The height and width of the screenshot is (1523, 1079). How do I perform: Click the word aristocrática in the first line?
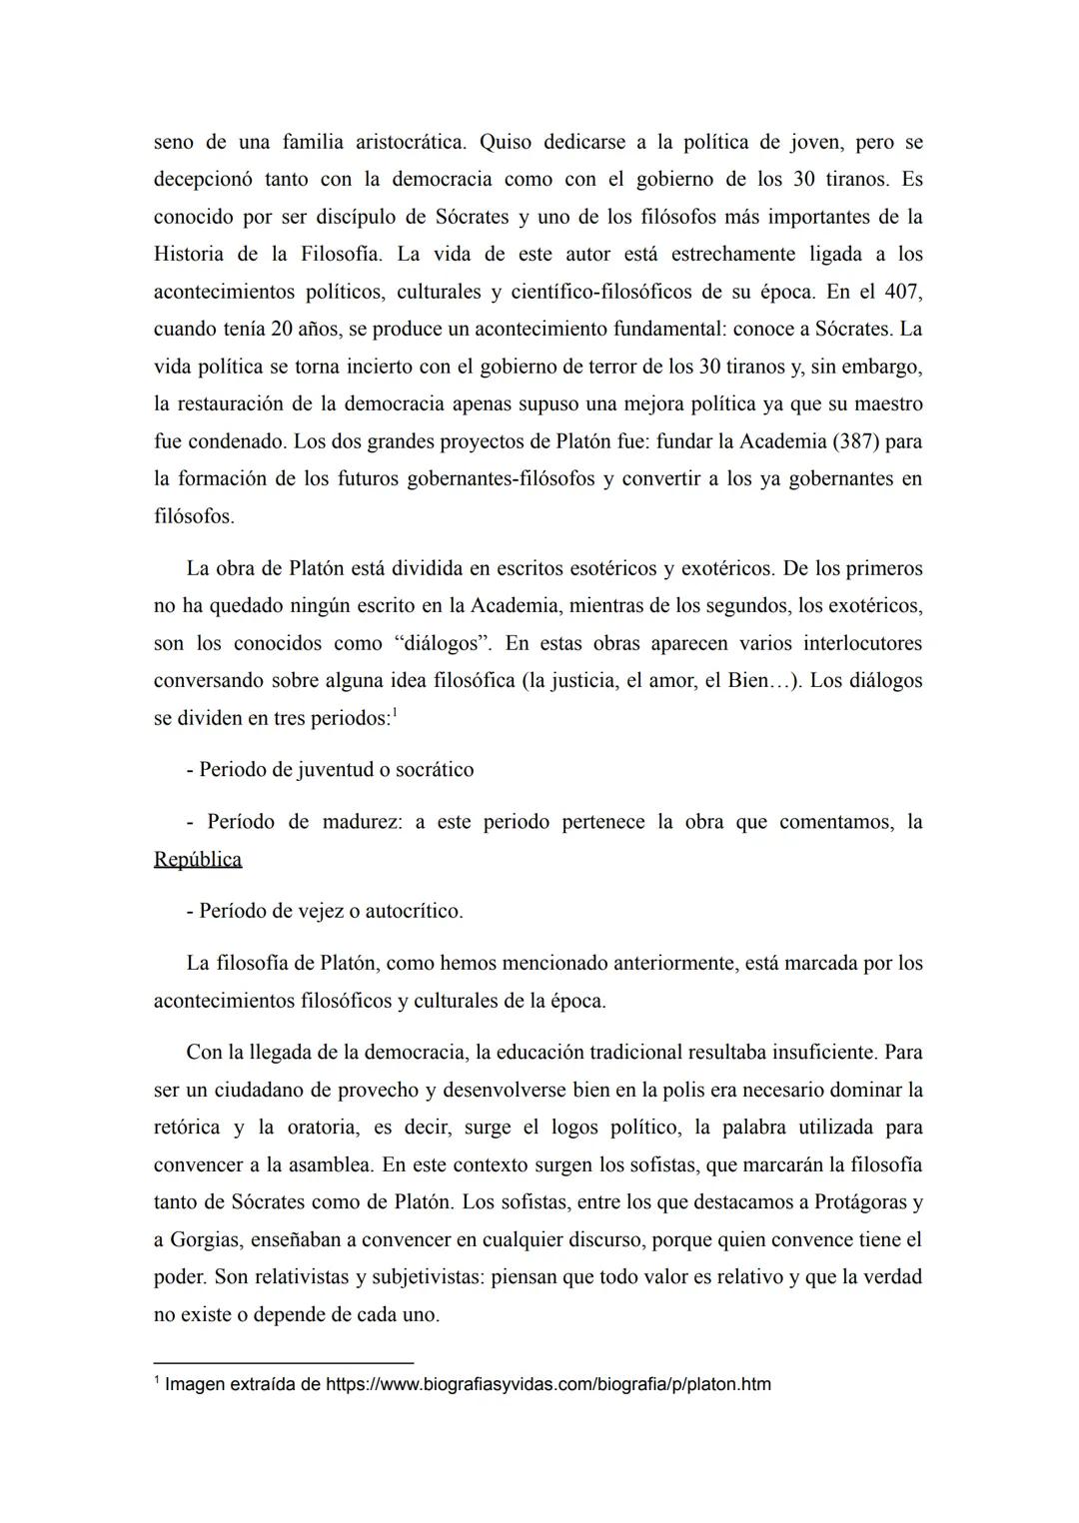pyautogui.click(x=410, y=142)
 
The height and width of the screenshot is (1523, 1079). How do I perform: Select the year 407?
pyautogui.click(x=904, y=292)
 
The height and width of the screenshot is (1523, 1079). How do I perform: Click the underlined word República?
pyautogui.click(x=198, y=860)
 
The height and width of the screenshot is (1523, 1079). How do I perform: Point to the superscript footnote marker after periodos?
pyautogui.click(x=396, y=713)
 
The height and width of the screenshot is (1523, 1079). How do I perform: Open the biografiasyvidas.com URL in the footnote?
pyautogui.click(x=548, y=1385)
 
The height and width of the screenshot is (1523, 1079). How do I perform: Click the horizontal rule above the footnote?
pyautogui.click(x=283, y=1362)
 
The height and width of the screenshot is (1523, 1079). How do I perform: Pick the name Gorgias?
pyautogui.click(x=205, y=1240)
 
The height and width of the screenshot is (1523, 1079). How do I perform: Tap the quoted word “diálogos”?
pyautogui.click(x=444, y=643)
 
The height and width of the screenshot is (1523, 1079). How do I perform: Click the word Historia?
pyautogui.click(x=189, y=255)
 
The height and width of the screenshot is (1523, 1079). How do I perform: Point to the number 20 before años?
pyautogui.click(x=281, y=330)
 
